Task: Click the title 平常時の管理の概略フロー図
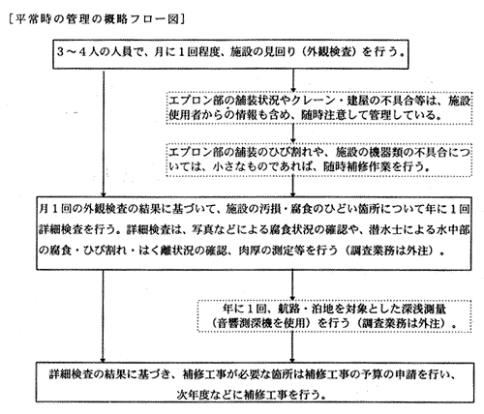[x=97, y=19]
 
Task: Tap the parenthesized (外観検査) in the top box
[x=329, y=52]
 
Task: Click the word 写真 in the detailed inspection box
[x=202, y=229]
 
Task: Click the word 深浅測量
[x=424, y=309]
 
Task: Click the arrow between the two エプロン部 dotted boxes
[x=292, y=133]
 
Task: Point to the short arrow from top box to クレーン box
[x=293, y=80]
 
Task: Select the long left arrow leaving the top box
[x=104, y=133]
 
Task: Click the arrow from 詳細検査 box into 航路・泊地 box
[x=292, y=285]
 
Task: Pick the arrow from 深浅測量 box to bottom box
[x=292, y=347]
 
